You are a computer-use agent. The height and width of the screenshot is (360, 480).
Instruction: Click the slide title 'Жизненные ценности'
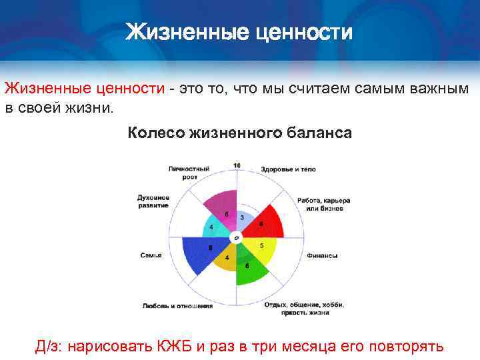point(239,32)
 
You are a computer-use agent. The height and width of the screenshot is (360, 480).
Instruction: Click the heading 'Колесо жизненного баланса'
point(239,133)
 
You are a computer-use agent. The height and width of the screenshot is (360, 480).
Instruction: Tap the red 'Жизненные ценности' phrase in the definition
point(85,89)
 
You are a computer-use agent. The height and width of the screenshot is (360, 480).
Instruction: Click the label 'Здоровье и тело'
point(287,169)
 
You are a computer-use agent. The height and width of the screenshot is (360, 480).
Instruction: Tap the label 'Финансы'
point(323,255)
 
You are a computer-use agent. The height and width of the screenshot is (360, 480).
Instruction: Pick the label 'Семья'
point(151,255)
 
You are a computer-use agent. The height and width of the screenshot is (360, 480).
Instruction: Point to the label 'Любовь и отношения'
point(177,306)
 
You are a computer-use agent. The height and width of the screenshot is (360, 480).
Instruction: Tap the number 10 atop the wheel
point(237,165)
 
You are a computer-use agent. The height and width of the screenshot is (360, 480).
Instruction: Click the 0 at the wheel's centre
point(236,238)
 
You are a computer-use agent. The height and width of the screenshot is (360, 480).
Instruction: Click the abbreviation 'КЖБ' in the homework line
point(166,347)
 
